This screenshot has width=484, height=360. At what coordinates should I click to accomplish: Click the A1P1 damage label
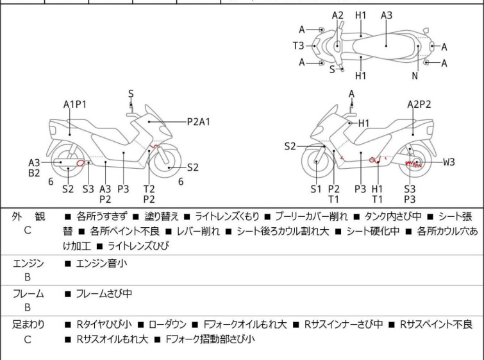click(x=75, y=105)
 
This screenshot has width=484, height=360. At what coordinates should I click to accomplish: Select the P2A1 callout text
click(x=199, y=122)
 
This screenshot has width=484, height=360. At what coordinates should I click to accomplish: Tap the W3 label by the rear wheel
click(x=449, y=162)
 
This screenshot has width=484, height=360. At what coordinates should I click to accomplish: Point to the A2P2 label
click(x=419, y=105)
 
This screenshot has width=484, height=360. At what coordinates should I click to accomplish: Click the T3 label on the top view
click(x=299, y=46)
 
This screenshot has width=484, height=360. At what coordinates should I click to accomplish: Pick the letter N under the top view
click(x=415, y=76)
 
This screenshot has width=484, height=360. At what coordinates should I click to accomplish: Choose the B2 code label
click(x=34, y=173)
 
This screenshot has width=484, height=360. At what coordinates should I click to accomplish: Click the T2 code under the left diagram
click(x=149, y=189)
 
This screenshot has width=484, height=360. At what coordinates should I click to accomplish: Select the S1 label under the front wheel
click(x=316, y=189)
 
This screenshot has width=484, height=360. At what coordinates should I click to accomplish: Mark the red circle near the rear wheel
click(x=81, y=162)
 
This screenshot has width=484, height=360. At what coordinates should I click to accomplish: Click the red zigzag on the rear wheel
click(x=413, y=164)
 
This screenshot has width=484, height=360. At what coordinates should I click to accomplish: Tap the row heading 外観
click(x=28, y=217)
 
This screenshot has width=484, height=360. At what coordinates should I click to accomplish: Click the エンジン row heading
click(x=28, y=264)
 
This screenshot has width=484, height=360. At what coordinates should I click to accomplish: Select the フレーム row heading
click(x=28, y=293)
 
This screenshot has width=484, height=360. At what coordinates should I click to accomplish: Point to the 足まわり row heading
click(x=28, y=325)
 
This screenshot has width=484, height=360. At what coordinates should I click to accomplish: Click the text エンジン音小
click(x=101, y=264)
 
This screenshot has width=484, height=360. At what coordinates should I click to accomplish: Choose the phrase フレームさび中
click(x=104, y=293)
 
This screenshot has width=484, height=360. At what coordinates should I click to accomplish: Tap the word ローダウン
click(x=167, y=325)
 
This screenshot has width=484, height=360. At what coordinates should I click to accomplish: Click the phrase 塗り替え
click(x=162, y=217)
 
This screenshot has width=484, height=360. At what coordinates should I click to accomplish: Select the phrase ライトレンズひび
click(x=138, y=246)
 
